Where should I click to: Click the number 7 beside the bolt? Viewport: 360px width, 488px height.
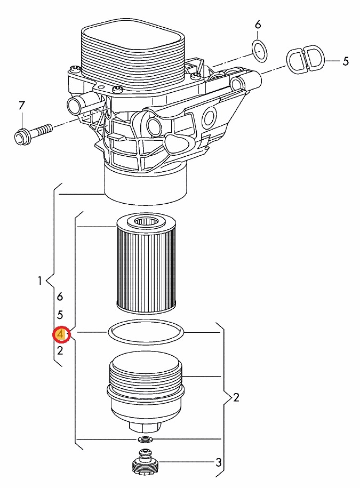pyautogui.click(x=21, y=106)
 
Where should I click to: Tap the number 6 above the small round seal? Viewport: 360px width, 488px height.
pyautogui.click(x=258, y=25)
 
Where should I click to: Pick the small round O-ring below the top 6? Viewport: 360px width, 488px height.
pyautogui.click(x=259, y=51)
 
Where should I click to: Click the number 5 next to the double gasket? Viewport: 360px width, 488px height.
pyautogui.click(x=346, y=61)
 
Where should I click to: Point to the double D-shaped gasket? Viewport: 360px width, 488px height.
pyautogui.click(x=306, y=59)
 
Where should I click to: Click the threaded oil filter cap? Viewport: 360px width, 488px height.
pyautogui.click(x=146, y=393)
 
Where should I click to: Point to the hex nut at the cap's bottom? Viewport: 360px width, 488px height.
pyautogui.click(x=146, y=427)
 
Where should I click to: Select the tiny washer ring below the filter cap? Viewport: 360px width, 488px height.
pyautogui.click(x=145, y=439)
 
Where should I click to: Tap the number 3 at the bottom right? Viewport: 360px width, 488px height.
pyautogui.click(x=219, y=462)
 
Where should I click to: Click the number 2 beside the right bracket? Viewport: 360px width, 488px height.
pyautogui.click(x=236, y=397)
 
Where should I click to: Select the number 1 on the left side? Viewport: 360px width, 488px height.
pyautogui.click(x=40, y=281)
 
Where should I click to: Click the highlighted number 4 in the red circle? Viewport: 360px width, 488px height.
pyautogui.click(x=61, y=334)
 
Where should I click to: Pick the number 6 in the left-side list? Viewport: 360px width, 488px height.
pyautogui.click(x=60, y=297)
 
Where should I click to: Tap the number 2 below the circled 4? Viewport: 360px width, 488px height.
pyautogui.click(x=60, y=351)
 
